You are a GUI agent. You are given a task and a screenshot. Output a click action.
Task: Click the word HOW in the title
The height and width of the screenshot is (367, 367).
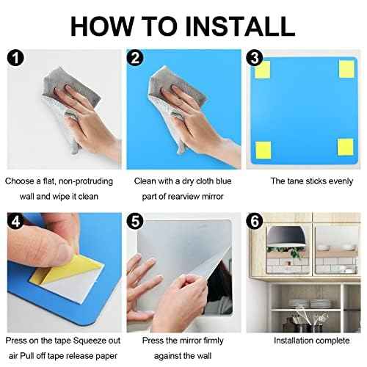click(102, 26)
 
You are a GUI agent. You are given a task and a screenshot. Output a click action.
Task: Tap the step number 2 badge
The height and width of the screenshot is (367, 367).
click(134, 57)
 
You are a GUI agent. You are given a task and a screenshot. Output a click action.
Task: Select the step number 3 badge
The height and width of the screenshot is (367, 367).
click(255, 57)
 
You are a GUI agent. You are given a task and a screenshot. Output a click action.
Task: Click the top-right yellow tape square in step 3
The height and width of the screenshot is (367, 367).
click(346, 69)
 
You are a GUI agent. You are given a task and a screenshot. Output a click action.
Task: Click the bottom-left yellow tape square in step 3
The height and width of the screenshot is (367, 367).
click(262, 147)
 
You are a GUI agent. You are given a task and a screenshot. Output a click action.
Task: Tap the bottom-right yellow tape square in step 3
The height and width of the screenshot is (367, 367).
click(346, 147)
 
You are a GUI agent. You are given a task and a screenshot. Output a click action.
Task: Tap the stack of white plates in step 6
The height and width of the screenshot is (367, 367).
click(320, 303)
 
